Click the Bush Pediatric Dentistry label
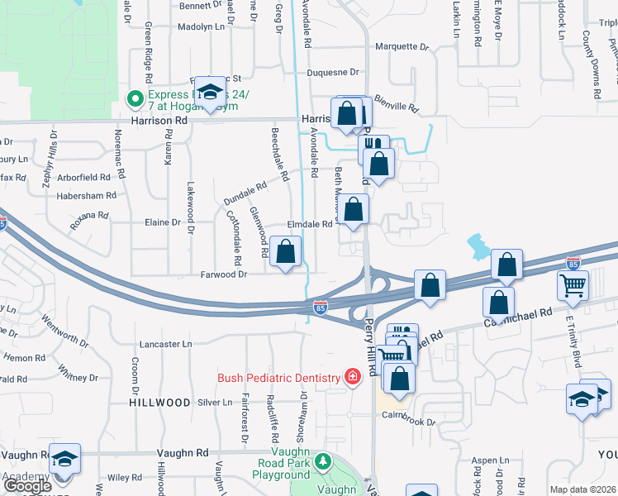click(278, 378)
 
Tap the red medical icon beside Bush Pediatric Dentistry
click(352, 378)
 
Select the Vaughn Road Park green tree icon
click(325, 460)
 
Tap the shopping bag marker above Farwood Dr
click(286, 252)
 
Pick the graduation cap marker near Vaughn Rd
click(63, 459)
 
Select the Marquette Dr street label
click(402, 47)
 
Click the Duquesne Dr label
click(334, 73)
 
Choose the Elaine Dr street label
click(163, 223)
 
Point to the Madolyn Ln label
click(202, 26)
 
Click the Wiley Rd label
click(125, 477)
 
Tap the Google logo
click(27, 486)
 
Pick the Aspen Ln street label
click(490, 460)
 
